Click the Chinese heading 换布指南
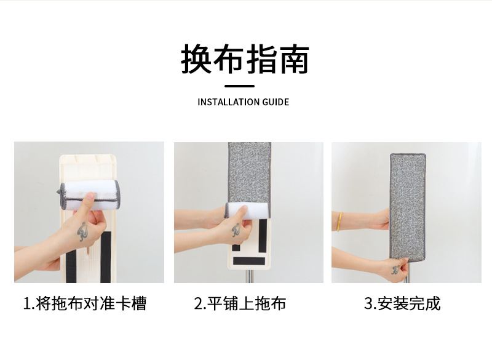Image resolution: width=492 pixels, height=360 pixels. (x=245, y=59)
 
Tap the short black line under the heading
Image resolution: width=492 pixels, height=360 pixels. (x=239, y=86)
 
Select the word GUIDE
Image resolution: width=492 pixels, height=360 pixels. (x=276, y=102)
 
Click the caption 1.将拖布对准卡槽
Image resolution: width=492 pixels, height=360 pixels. (x=85, y=303)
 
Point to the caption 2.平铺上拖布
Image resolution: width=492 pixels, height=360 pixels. (x=240, y=303)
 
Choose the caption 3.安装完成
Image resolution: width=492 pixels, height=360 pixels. (x=402, y=303)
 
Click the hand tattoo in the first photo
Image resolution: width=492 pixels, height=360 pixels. (x=82, y=231)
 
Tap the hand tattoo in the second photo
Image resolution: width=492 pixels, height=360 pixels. (x=236, y=230)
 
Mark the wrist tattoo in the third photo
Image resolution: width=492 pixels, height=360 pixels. (x=396, y=270)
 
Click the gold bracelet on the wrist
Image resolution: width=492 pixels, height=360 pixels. (x=339, y=222)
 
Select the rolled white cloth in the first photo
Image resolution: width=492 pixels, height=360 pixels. (x=89, y=195)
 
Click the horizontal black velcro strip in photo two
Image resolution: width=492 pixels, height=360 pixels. (x=249, y=261)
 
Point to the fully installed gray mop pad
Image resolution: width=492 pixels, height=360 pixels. (x=408, y=207)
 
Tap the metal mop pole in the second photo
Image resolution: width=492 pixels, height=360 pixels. (x=249, y=276)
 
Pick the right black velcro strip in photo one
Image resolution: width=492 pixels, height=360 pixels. (x=105, y=257)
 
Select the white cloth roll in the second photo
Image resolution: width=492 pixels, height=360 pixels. (x=247, y=210)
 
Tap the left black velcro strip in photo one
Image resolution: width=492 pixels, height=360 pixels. (x=71, y=267)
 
